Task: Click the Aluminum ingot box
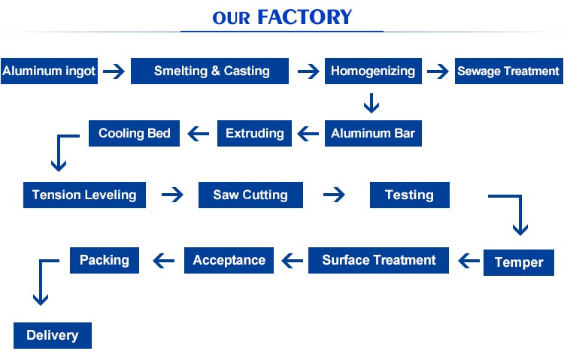(50, 71)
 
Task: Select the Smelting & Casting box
(210, 71)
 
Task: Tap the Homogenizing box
(373, 71)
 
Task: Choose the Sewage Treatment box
(509, 71)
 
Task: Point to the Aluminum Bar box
(373, 134)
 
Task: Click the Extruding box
(255, 134)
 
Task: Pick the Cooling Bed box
(134, 134)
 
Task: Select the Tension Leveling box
(84, 195)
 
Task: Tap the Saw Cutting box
(250, 195)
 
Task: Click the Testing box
(410, 195)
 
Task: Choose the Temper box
(519, 262)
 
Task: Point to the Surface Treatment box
(378, 260)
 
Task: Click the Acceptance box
(229, 260)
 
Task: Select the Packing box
(105, 260)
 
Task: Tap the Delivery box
(53, 335)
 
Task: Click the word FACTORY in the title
(305, 17)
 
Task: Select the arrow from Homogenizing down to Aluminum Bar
(371, 103)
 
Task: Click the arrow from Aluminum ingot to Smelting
(114, 71)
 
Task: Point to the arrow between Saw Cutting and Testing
(334, 195)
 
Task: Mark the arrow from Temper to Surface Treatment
(469, 261)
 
